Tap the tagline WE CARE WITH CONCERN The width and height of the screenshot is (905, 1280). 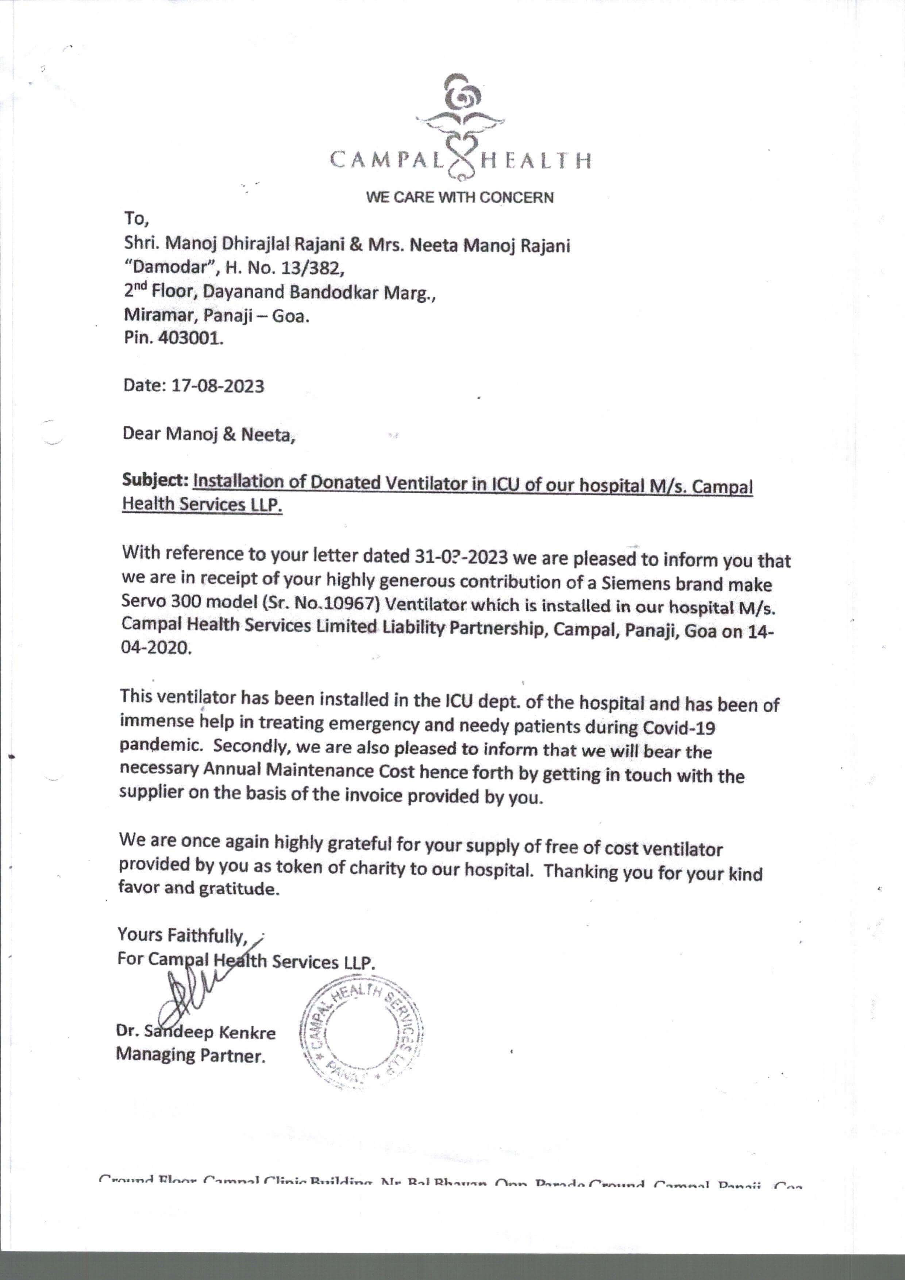(459, 197)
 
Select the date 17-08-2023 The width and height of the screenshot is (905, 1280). (217, 386)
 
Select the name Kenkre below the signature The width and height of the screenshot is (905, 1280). (247, 1033)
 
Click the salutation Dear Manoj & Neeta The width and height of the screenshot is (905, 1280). (208, 434)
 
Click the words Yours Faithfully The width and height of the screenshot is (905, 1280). (182, 935)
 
